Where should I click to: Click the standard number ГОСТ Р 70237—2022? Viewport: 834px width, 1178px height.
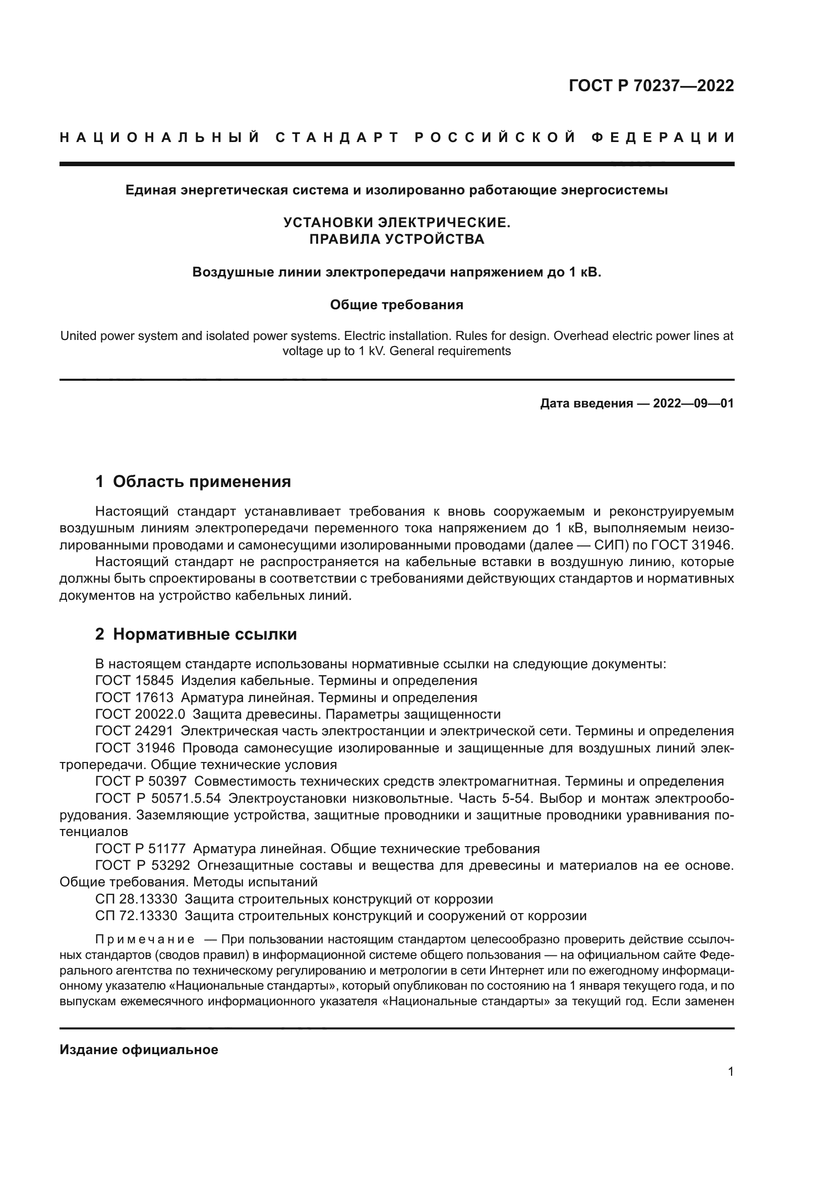pos(651,86)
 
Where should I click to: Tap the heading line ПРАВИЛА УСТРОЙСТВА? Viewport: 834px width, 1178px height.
pos(396,239)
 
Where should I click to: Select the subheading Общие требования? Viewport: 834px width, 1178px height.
pos(396,305)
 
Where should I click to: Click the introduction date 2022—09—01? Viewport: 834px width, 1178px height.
pos(693,403)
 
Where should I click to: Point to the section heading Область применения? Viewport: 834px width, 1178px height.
pos(202,481)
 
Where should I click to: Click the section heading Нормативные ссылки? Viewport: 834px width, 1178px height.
pos(205,634)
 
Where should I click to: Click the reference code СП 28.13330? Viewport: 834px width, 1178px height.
pos(136,899)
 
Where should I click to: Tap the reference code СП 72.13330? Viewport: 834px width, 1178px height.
pos(136,916)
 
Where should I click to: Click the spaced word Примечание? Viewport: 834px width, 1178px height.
pos(145,939)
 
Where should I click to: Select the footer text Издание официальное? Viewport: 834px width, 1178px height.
pos(139,1050)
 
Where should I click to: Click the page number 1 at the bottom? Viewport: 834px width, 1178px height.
pos(730,1072)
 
